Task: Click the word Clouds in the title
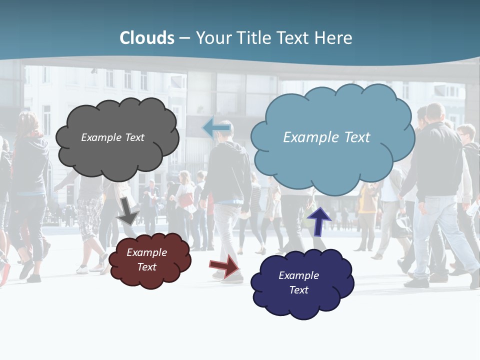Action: coord(147,38)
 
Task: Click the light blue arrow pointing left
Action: coord(216,128)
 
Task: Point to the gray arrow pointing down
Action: coord(128,211)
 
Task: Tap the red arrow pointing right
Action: coord(225,265)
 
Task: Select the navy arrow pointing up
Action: coord(318,221)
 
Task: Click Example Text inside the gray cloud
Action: coord(112,137)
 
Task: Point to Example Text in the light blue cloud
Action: coord(326,137)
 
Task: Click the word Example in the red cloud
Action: coord(146,252)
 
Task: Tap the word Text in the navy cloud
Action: coord(298,290)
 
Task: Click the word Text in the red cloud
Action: coord(146,267)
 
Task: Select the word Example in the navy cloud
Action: coord(298,275)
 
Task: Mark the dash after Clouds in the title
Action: coord(184,38)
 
